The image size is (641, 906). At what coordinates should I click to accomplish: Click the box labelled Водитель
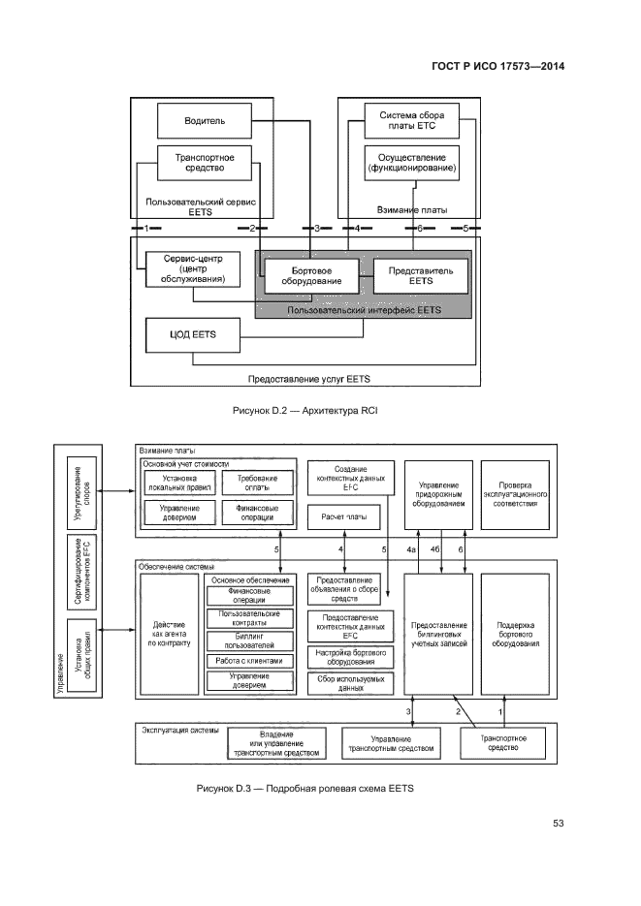tap(205, 121)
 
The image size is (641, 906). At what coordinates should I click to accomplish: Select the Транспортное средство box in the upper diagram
tap(199, 162)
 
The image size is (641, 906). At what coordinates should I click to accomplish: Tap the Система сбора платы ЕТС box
tap(411, 121)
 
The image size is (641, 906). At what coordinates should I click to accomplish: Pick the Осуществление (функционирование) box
tap(411, 162)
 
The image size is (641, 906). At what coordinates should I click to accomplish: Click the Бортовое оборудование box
tap(304, 275)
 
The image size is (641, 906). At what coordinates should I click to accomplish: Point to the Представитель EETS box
tap(420, 275)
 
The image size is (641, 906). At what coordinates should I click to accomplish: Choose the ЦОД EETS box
tap(193, 335)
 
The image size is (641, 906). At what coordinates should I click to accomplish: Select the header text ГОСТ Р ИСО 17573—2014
tap(497, 67)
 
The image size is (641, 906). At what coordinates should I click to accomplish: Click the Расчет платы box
tap(350, 518)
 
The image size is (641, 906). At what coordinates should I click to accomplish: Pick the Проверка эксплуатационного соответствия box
tap(515, 494)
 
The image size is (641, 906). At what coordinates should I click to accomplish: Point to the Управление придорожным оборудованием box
tap(437, 494)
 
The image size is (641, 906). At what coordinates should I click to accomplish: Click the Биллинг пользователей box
tap(249, 640)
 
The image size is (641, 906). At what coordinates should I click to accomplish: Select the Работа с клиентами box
tap(249, 661)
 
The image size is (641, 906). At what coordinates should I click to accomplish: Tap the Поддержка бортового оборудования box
tap(515, 635)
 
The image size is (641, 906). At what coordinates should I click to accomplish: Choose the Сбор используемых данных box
tap(350, 682)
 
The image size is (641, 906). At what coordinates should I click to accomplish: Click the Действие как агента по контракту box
tap(171, 635)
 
